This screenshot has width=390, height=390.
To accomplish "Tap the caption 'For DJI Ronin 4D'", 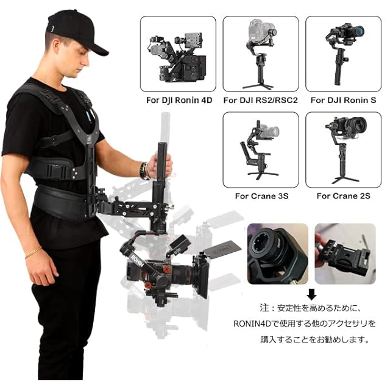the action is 179,100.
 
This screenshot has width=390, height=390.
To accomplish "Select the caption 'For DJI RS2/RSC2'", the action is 260,100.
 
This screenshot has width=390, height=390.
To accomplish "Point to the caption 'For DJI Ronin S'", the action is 343,100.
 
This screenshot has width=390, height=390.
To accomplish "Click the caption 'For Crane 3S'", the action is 261,196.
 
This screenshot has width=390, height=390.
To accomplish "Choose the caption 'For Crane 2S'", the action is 344,196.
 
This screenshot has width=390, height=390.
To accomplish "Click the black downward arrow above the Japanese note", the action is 311,294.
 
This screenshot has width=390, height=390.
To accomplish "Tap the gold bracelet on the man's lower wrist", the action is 33,252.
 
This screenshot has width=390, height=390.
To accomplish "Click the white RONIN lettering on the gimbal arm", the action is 136,260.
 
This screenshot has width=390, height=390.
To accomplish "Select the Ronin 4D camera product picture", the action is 178,54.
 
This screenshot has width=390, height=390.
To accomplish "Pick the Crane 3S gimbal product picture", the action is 261,150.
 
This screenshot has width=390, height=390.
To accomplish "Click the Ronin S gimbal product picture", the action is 343,54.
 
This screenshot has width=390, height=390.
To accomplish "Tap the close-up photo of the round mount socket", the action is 278,253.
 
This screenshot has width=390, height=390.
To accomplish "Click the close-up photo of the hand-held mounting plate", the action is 346,253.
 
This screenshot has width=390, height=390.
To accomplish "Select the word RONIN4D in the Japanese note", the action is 252,324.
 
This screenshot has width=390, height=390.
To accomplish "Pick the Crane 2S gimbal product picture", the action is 343,150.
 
